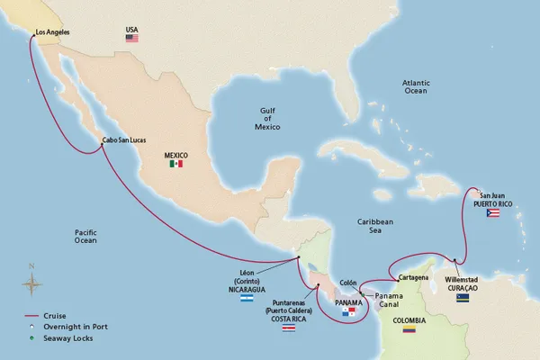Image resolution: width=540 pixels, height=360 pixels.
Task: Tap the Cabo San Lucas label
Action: (124, 139)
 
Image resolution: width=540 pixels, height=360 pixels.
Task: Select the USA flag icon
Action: (132, 39)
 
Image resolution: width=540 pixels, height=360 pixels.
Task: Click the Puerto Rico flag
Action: (492, 212)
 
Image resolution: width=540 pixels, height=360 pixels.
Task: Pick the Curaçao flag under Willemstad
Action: (463, 297)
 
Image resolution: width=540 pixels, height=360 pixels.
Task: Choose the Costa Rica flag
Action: (288, 330)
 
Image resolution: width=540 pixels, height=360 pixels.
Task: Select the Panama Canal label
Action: (388, 298)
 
